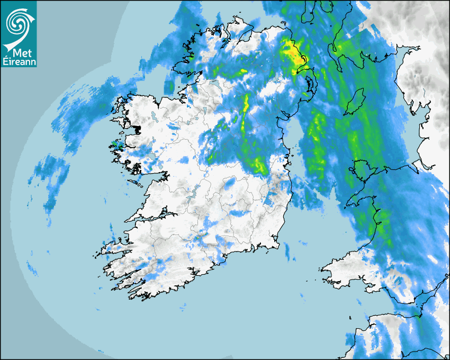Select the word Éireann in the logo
coord(19,63)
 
